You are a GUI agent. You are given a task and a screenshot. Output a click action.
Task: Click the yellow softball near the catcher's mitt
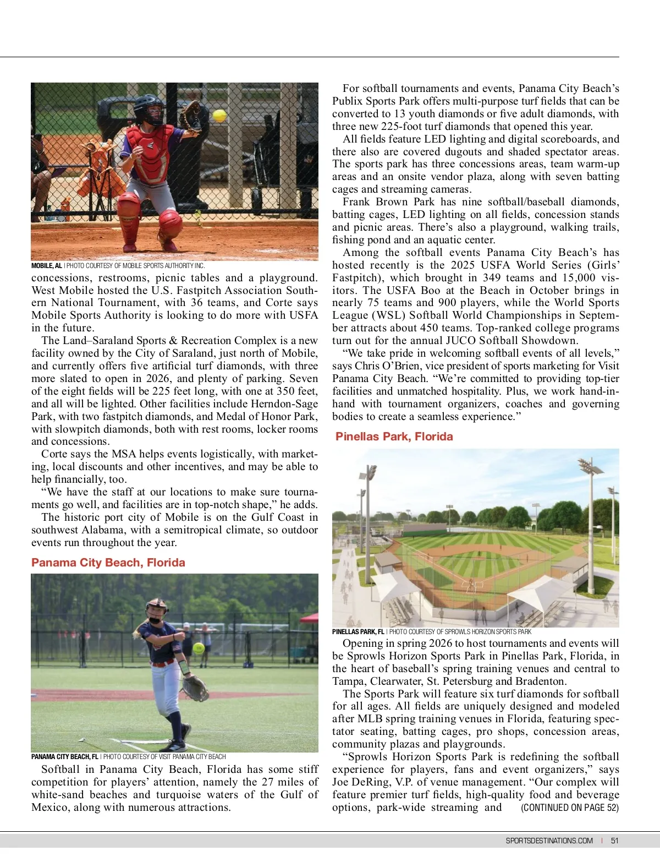tap(220, 116)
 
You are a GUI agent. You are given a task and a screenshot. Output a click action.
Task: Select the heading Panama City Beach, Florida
tap(108, 563)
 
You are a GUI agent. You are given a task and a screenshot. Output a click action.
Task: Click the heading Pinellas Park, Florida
tap(394, 437)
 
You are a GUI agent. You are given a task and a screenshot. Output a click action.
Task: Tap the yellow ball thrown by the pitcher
tap(199, 647)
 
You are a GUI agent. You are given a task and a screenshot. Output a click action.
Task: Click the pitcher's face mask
tap(156, 613)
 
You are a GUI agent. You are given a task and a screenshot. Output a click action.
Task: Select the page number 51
tap(615, 841)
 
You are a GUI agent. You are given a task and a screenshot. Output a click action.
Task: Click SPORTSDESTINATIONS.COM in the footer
tap(549, 841)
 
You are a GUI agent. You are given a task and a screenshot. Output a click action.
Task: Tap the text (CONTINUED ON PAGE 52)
tap(570, 808)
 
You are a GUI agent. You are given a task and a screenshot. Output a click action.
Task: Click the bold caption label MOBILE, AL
tap(47, 266)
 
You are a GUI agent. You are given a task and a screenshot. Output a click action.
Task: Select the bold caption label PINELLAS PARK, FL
tap(358, 632)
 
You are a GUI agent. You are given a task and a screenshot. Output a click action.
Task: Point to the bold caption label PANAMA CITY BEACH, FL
tap(65, 757)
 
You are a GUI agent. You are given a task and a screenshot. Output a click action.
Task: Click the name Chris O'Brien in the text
tap(384, 366)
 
